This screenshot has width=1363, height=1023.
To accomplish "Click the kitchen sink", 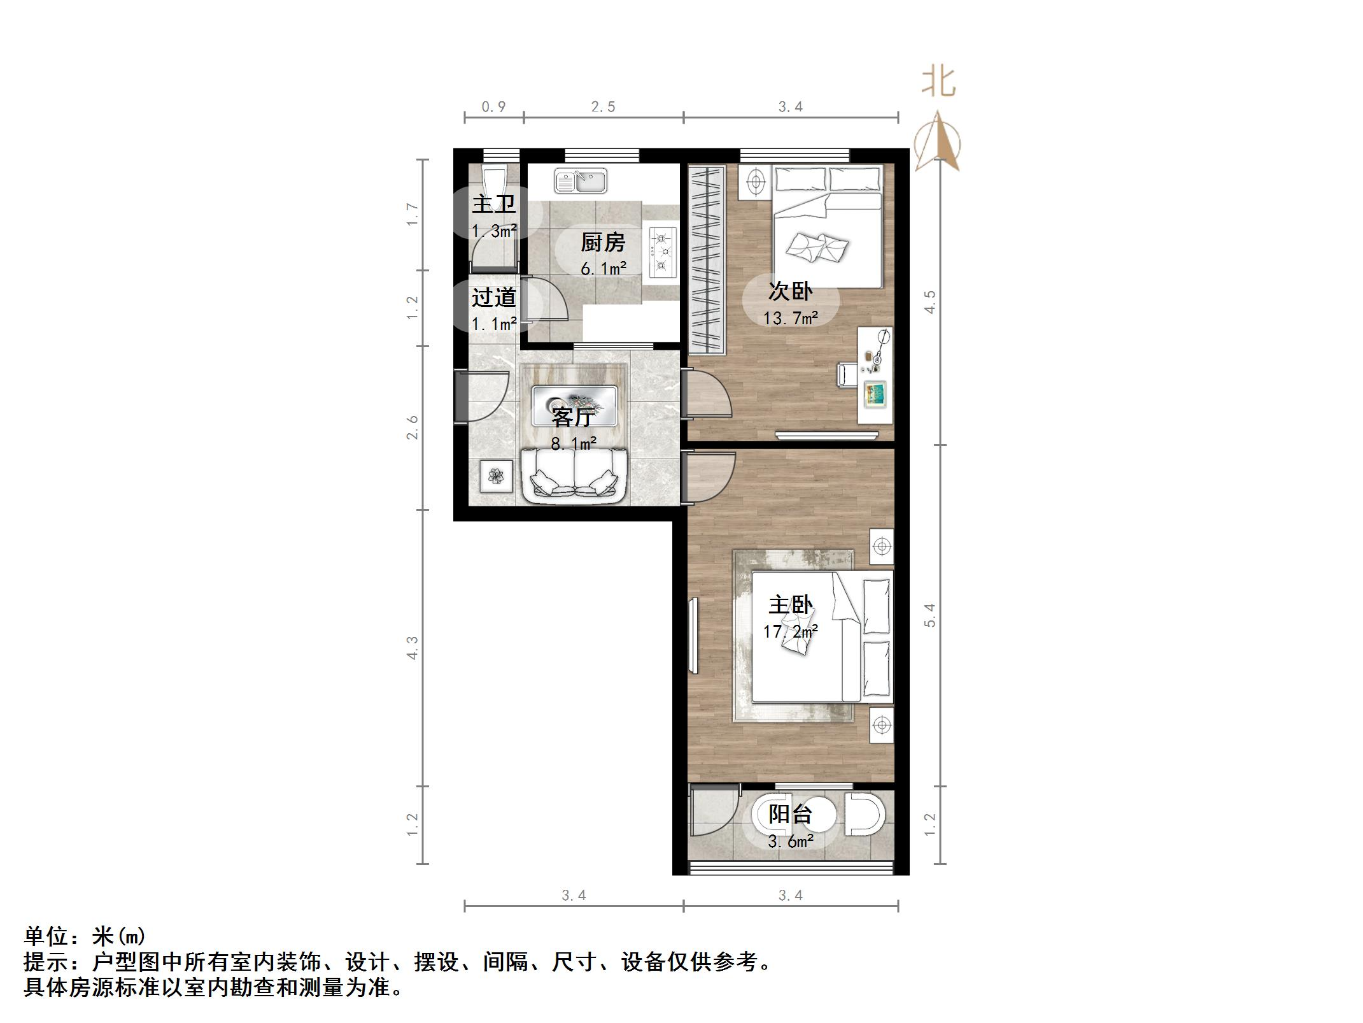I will [x=580, y=181].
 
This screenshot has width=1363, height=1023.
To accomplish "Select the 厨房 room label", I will [x=603, y=243].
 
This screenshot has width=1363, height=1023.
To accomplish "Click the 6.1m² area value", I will [x=603, y=269].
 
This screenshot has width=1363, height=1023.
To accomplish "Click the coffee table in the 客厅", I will [x=574, y=405].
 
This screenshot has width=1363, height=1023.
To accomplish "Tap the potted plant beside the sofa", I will [x=496, y=475].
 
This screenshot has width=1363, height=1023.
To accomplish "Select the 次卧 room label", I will [x=790, y=292].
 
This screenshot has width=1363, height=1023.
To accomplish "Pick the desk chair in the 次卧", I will [x=846, y=374].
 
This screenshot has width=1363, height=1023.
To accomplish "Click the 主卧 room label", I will [x=790, y=605].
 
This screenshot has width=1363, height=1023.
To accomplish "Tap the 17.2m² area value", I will [x=790, y=632].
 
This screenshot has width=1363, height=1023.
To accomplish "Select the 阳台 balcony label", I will [x=790, y=814].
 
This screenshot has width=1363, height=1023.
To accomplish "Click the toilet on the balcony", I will [x=865, y=814].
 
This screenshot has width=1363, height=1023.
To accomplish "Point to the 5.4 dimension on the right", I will [x=930, y=615].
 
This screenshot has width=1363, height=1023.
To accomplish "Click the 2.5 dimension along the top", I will [x=603, y=107].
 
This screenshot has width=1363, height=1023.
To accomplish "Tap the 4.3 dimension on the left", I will [x=413, y=647].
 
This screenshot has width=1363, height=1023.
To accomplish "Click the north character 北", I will [x=938, y=83].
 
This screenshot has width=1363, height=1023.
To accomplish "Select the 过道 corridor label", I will [x=493, y=297].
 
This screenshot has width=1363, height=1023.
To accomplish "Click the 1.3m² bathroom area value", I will [x=493, y=231].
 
